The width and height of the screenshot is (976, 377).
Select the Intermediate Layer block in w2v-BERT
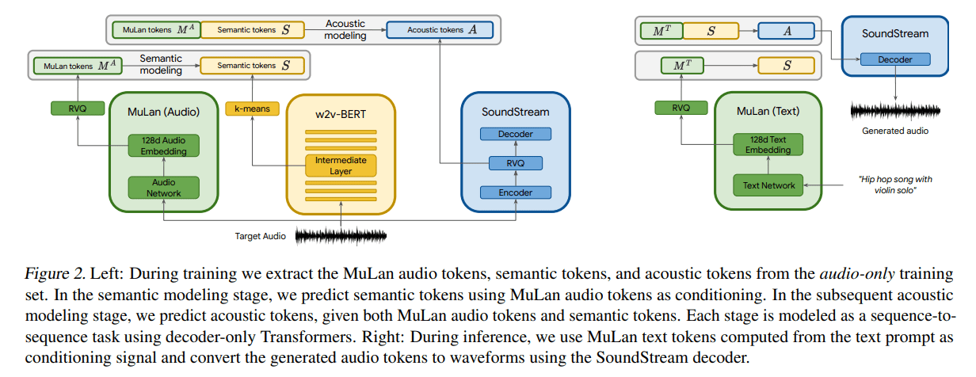pos(341,165)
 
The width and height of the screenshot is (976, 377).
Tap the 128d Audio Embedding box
pos(164,146)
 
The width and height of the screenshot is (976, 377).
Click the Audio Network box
pos(164,188)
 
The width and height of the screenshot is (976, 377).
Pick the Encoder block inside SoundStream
pos(516,192)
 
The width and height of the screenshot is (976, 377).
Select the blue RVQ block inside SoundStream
pos(516,163)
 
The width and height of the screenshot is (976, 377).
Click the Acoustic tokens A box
pos(440,31)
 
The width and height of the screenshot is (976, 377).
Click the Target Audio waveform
pos(341,235)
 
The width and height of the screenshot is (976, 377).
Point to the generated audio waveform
pos(894,110)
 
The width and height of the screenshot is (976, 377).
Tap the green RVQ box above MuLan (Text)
pos(680,108)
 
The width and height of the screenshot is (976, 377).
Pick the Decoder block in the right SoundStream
pos(894,59)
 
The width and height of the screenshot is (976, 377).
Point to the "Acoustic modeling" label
pos(345,29)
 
